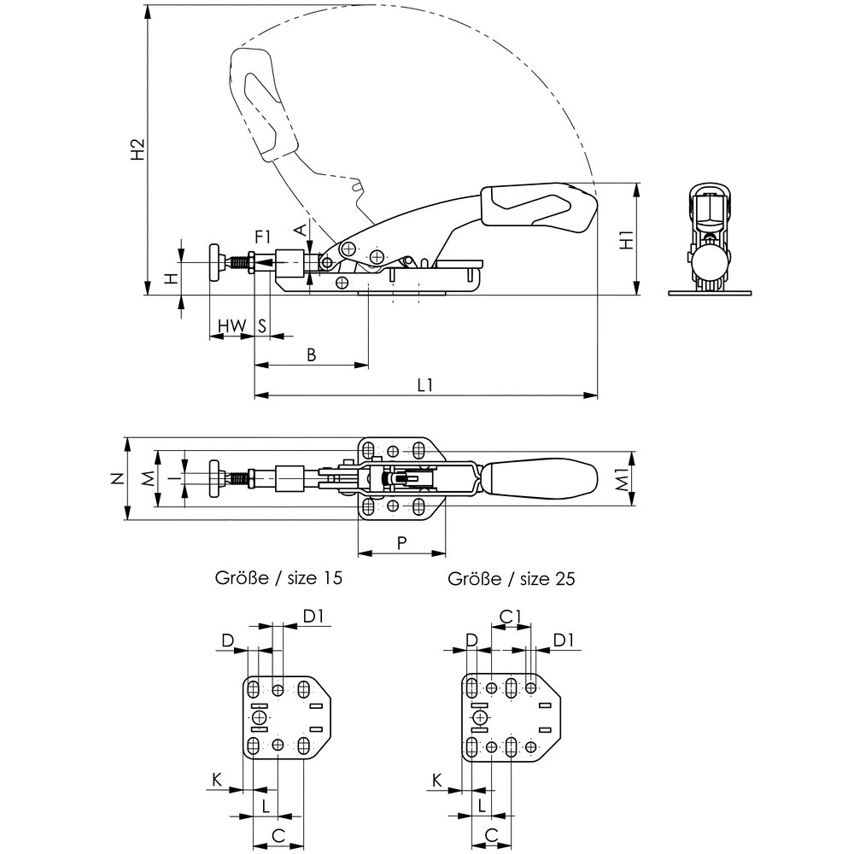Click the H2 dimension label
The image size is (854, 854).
(x=137, y=149)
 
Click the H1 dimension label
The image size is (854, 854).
(x=627, y=240)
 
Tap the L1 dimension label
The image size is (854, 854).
(x=424, y=385)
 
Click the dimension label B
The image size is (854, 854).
(x=312, y=355)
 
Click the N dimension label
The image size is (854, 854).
(x=117, y=478)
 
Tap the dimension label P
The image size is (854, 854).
(x=402, y=543)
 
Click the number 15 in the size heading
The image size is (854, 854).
(x=331, y=577)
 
